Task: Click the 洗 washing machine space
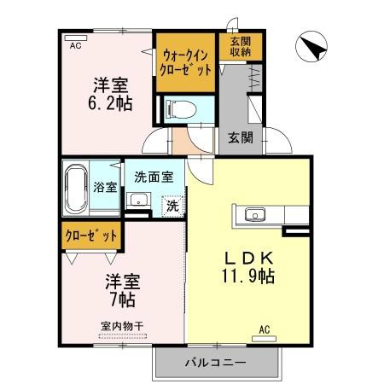[x=172, y=205]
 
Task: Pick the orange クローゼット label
[x=90, y=234]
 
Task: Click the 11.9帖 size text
[x=249, y=276]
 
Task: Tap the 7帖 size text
[x=121, y=300]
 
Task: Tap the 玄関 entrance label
[x=241, y=137]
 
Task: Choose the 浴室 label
[x=105, y=187]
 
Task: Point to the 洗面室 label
[x=154, y=177]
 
